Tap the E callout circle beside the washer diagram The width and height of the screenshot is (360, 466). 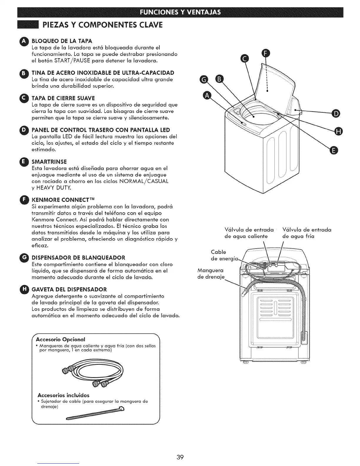pos(333,151)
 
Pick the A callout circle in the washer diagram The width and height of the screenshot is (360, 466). pos(207,96)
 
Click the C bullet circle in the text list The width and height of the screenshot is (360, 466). pos(25,98)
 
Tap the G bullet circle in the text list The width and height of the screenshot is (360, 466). pos(25,258)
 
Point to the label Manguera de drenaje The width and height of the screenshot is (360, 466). pos(211,274)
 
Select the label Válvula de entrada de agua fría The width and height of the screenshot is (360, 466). pos(302,233)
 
